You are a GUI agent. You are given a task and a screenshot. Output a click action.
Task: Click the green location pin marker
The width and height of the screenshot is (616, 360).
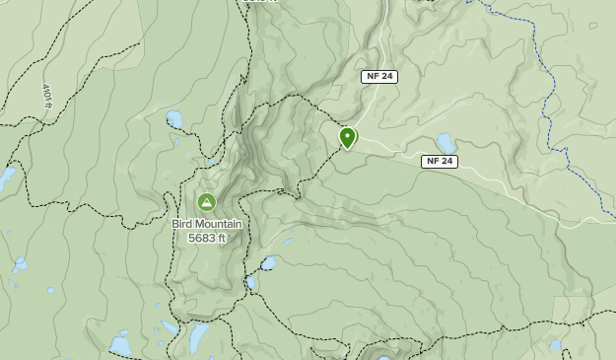click(x=347, y=137)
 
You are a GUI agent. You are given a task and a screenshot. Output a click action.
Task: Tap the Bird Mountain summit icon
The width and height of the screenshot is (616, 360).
click(x=206, y=202)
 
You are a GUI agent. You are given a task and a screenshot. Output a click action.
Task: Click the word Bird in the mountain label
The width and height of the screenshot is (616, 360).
click(x=182, y=224)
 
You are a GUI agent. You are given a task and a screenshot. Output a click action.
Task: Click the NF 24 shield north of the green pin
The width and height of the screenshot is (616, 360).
click(x=378, y=77)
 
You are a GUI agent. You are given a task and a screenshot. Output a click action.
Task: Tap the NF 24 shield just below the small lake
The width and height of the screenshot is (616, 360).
click(x=440, y=161)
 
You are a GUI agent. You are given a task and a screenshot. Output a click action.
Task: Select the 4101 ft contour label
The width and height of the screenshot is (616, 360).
click(x=47, y=96)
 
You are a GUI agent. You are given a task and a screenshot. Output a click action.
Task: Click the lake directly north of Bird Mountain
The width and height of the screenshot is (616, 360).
click(x=174, y=119)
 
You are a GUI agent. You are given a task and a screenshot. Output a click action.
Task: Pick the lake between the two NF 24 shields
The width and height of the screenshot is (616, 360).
click(x=446, y=142)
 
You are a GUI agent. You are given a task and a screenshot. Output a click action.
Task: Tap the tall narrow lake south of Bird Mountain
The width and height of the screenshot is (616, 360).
click(x=198, y=337)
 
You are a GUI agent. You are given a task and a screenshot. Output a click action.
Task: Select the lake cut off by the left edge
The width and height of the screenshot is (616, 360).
click(x=6, y=178)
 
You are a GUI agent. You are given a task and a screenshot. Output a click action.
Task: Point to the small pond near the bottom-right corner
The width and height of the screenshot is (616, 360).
click(x=556, y=346)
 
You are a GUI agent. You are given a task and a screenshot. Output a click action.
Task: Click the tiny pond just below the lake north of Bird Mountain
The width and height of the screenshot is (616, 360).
click(x=177, y=141)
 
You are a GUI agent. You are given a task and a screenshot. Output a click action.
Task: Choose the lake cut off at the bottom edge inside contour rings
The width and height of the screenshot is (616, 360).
click(x=383, y=356)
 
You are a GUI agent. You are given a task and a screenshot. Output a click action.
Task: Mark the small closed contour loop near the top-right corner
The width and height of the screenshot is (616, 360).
click(x=594, y=25)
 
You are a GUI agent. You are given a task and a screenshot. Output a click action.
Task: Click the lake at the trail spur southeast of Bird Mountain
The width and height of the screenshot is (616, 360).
click(x=268, y=263)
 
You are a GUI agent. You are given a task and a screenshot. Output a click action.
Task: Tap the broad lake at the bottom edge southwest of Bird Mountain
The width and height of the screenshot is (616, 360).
click(x=120, y=345)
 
